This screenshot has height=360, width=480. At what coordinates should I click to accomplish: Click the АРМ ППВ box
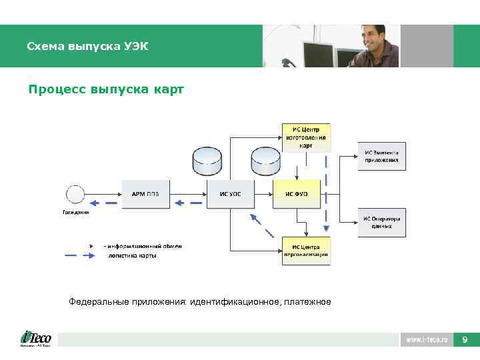(x=145, y=193)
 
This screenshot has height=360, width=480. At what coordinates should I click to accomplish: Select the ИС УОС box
(x=231, y=193)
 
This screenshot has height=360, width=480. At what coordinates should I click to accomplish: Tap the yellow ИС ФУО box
(x=297, y=193)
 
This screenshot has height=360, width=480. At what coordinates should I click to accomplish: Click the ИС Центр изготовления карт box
(x=306, y=138)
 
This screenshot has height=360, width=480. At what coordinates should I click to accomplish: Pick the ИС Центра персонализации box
(x=306, y=251)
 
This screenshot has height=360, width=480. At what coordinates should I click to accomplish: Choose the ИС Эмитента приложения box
(x=382, y=156)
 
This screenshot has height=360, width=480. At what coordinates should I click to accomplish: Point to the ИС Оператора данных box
(x=382, y=222)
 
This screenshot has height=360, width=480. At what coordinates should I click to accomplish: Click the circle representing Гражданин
(x=75, y=194)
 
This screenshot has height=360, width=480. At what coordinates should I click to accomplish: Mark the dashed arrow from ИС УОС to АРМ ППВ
(x=188, y=203)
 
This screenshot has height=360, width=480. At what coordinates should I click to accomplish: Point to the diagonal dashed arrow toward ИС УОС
(x=262, y=225)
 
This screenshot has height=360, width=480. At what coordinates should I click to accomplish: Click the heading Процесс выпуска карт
(x=106, y=89)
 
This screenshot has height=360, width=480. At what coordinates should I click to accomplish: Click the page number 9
(x=465, y=340)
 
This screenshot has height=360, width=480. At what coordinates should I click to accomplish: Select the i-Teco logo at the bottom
(x=36, y=339)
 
